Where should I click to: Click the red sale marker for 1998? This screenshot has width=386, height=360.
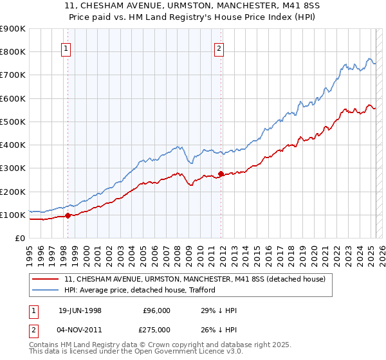pyautogui.click(x=68, y=216)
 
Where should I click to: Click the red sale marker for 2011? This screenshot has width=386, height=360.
pyautogui.click(x=221, y=174)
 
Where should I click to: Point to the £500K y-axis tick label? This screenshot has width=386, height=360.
pyautogui.click(x=13, y=122)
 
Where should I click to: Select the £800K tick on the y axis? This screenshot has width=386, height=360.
pyautogui.click(x=13, y=51)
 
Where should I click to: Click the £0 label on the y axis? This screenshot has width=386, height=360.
pyautogui.click(x=20, y=238)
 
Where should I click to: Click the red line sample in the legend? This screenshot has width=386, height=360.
pyautogui.click(x=46, y=279)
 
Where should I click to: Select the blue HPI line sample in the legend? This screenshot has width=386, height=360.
pyautogui.click(x=46, y=290)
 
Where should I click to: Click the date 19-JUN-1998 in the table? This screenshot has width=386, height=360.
pyautogui.click(x=80, y=310)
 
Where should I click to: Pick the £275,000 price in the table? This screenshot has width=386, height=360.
pyautogui.click(x=157, y=330)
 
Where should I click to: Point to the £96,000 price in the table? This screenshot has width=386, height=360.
pyautogui.click(x=157, y=310)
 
